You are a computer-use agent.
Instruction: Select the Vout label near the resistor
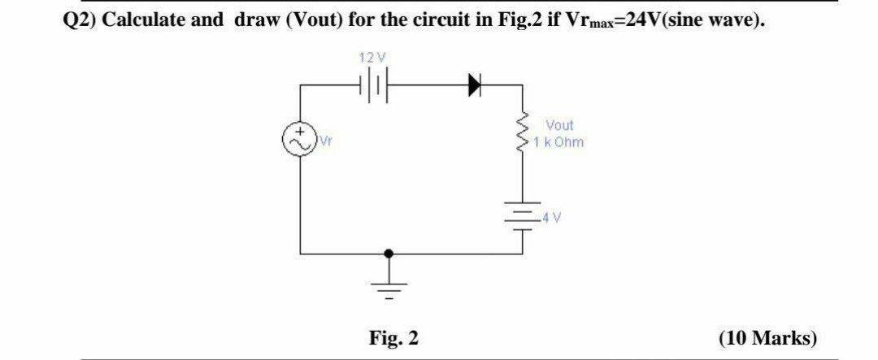(559, 125)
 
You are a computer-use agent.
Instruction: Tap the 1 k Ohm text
(559, 142)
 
